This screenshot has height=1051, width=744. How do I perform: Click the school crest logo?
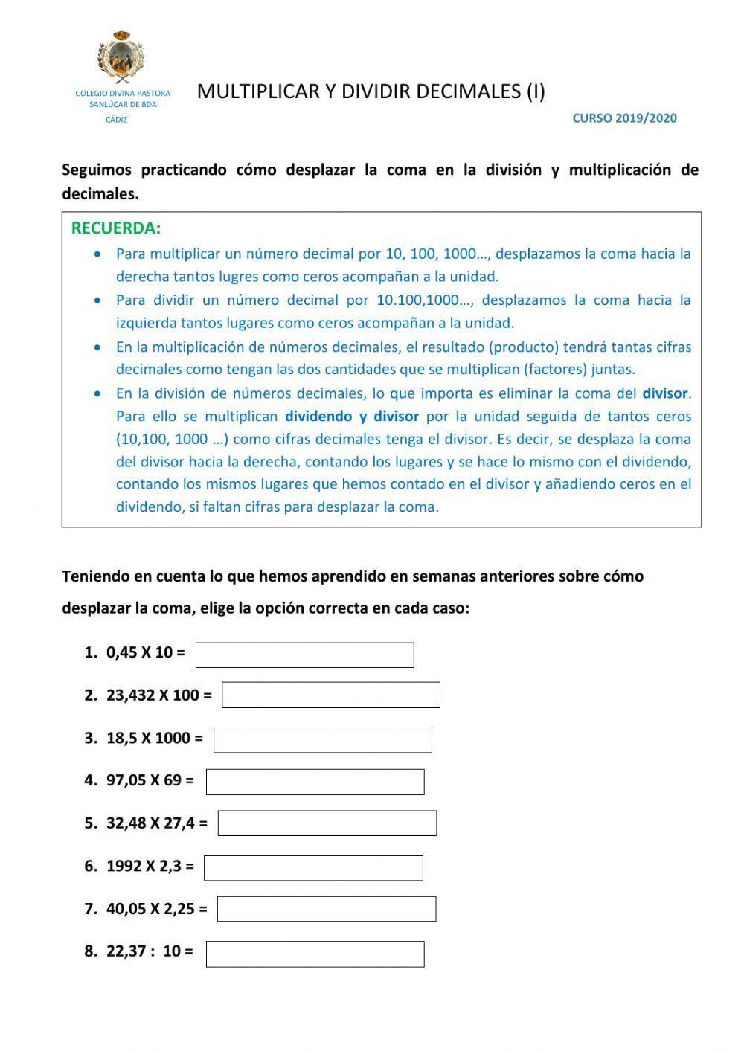(x=121, y=57)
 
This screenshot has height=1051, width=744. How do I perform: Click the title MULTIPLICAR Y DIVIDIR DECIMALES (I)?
(x=371, y=91)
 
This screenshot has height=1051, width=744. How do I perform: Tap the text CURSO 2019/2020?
(x=624, y=118)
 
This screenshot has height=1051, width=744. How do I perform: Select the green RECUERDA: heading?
(x=116, y=228)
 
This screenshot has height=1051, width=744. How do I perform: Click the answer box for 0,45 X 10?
(x=304, y=655)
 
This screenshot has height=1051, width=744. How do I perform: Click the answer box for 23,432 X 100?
(x=331, y=695)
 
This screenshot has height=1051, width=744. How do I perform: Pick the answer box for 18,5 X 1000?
(x=323, y=740)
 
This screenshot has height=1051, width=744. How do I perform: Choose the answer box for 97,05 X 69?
(x=315, y=782)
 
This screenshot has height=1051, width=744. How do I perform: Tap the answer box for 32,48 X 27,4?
(x=327, y=823)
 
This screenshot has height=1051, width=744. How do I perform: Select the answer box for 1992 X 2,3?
(x=313, y=868)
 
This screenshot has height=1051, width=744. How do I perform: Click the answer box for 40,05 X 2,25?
(x=327, y=909)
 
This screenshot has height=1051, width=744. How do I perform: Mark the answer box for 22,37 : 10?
(x=315, y=954)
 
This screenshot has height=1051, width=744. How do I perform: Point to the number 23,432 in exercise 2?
(x=131, y=695)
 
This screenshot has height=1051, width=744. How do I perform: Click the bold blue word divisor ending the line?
(x=666, y=393)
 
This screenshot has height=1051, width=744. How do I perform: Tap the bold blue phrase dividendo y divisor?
(x=352, y=417)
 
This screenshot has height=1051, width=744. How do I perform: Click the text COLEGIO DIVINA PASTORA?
(x=123, y=94)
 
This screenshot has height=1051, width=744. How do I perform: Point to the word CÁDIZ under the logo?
(x=117, y=120)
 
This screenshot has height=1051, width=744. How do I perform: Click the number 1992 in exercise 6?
(x=124, y=866)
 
